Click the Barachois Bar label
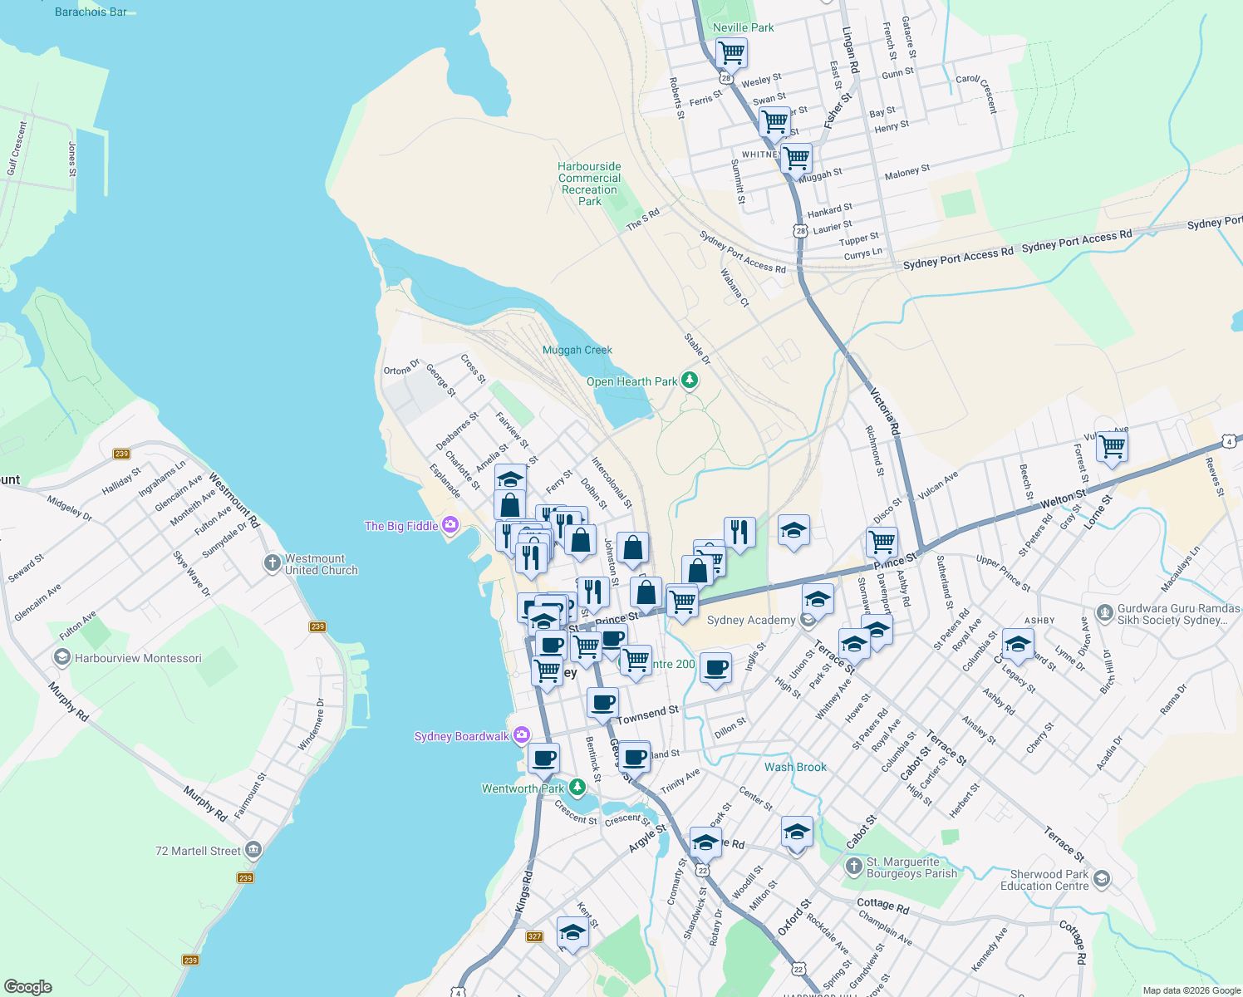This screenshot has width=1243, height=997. tap(91, 12)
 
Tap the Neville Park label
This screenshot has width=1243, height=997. tap(743, 27)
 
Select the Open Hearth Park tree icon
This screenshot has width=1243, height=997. tap(689, 381)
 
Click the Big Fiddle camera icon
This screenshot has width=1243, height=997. tap(450, 525)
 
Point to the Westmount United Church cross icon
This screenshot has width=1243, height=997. tap(272, 564)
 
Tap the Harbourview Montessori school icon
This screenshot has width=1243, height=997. tap(61, 658)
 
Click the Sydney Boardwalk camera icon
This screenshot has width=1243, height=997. tap(521, 735)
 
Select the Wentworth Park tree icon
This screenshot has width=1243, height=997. tap(577, 788)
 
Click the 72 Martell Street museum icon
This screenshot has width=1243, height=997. tap(253, 850)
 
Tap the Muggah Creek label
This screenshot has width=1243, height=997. tap(577, 350)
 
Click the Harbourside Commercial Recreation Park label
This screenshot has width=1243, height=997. tap(589, 184)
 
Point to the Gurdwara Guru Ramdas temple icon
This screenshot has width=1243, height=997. tap(1104, 614)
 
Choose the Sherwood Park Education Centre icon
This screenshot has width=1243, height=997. tap(1102, 879)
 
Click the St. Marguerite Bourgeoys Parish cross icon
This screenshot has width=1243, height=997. tap(853, 867)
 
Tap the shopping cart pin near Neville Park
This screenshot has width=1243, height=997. tap(731, 53)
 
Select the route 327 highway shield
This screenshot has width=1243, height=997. tap(534, 936)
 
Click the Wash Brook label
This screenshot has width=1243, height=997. tap(795, 767)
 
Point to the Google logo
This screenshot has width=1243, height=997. tap(27, 986)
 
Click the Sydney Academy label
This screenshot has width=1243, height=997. tap(750, 620)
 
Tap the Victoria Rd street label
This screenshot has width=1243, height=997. tap(885, 411)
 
